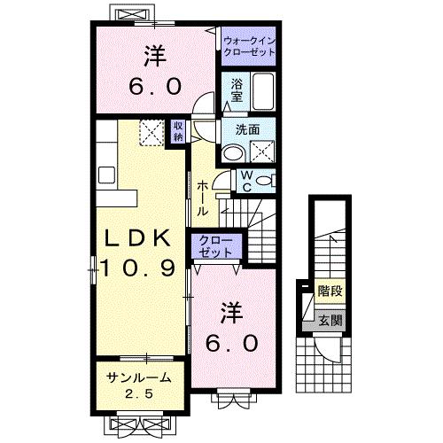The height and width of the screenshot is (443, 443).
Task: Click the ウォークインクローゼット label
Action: click(249, 46)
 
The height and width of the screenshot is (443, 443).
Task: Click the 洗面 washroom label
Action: click(247, 129)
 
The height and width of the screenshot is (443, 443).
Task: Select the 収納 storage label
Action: click(178, 132)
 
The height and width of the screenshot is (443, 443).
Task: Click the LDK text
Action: click(137, 239)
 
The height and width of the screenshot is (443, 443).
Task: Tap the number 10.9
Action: click(137, 267)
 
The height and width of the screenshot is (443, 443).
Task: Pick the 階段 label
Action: click(330, 290)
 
